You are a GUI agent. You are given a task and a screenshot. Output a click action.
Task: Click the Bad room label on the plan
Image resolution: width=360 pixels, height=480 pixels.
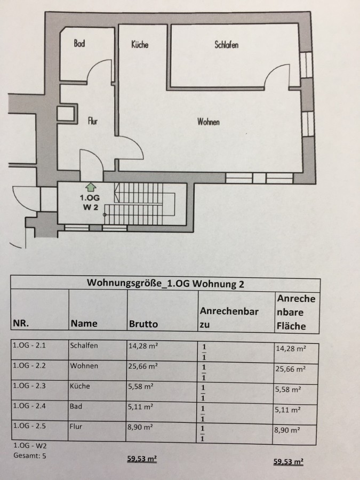pos(79,44)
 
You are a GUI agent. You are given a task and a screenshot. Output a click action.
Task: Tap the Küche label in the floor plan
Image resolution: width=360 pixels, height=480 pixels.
pos(140,45)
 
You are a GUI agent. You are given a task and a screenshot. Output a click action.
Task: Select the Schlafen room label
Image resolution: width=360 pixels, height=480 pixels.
pos(226,45)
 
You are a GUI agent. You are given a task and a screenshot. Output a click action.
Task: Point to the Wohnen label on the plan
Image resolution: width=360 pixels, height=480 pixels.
pos(209,122)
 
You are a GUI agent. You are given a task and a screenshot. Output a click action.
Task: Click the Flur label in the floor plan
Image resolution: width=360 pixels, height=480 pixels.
pos(93,121)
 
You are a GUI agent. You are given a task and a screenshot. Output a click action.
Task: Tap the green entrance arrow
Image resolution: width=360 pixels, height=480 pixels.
pos(90,186)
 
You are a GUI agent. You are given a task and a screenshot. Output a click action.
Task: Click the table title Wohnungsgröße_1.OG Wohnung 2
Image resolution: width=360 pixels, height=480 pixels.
pos(165,283)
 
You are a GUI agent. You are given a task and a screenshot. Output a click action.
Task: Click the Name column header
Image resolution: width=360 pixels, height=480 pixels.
pos(84,323)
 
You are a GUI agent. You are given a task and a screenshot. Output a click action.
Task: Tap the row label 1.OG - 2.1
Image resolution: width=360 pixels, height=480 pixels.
pos(29,345)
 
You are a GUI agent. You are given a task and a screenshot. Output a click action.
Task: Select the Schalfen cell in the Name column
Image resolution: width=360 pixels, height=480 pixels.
pos(84,345)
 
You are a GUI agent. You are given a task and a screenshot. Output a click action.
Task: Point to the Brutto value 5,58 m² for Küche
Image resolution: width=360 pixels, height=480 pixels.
pos(141,386)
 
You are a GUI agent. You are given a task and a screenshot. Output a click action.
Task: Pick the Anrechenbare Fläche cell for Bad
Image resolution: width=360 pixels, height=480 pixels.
pos(287,410)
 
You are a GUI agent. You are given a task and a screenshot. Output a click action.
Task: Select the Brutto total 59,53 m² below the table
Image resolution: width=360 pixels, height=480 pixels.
pos(142,458)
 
